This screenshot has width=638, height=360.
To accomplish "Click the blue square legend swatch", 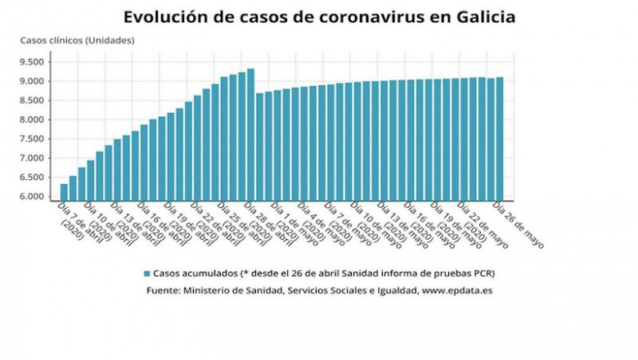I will coord(147,273).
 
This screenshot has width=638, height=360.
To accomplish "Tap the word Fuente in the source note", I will coord(163,290).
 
